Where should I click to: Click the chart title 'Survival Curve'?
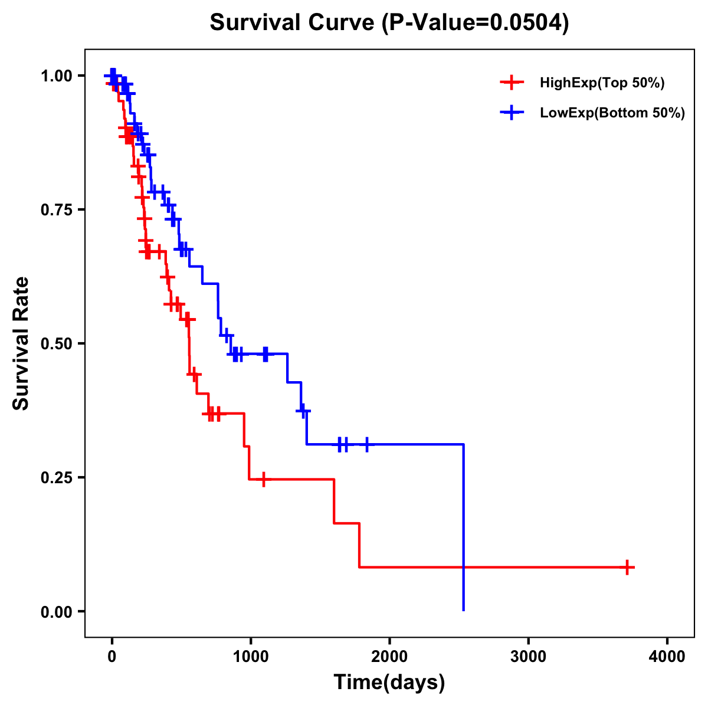tap(292, 23)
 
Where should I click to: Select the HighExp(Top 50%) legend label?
tap(602, 83)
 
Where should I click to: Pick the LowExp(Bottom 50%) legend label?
tap(612, 113)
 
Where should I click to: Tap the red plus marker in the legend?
tap(512, 83)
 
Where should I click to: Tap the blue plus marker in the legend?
tap(512, 113)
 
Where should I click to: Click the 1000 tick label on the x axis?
tap(251, 657)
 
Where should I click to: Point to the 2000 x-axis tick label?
tap(389, 657)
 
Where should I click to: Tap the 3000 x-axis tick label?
tap(528, 657)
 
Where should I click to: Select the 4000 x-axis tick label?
tap(667, 657)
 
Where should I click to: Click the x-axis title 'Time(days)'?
tap(389, 683)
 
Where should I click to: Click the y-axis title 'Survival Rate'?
tap(21, 343)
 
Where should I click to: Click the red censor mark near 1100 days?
tap(263, 479)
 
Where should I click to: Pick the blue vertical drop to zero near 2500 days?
tap(464, 531)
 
